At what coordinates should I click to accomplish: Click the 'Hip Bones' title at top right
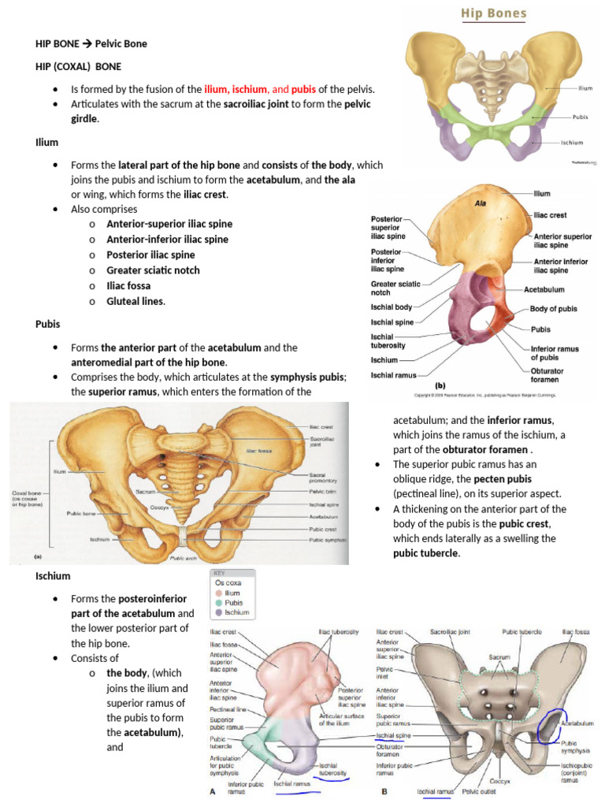coord(494,14)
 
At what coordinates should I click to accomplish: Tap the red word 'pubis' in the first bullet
coord(303,89)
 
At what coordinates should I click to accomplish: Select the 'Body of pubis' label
coord(555,310)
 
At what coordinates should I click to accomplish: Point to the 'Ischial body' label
coord(392,306)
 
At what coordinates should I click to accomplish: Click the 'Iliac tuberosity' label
coord(339,632)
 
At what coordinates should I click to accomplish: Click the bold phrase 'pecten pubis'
coord(510,479)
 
